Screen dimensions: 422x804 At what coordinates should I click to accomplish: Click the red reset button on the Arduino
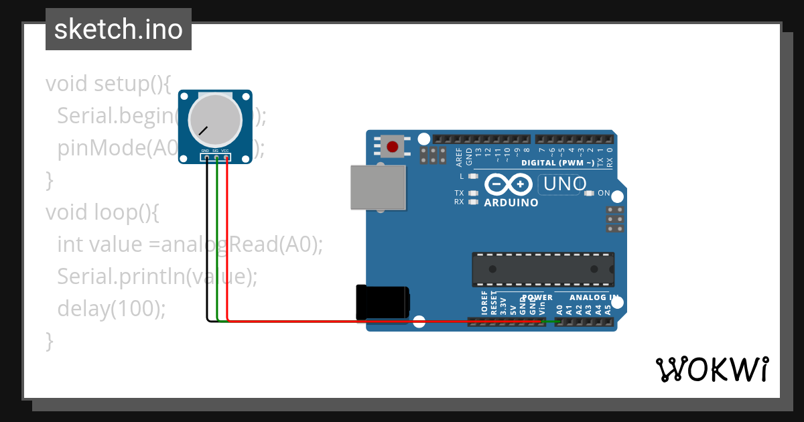[x=392, y=146]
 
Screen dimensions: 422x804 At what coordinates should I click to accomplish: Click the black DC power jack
[x=382, y=301]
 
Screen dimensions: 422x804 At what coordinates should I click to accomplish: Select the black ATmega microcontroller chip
[x=543, y=269]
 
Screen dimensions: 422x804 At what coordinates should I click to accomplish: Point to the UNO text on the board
[x=565, y=184]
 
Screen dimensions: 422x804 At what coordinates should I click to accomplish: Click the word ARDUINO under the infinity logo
[x=511, y=202]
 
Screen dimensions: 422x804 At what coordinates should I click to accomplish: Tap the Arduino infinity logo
[x=508, y=184]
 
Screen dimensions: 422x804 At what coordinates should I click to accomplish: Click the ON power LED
[x=590, y=194]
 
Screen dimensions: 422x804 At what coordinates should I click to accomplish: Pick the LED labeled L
[x=474, y=177]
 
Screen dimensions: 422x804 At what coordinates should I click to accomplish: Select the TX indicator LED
[x=474, y=193]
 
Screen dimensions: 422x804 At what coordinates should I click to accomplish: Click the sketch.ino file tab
[x=119, y=29]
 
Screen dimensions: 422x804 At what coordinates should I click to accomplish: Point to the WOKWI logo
[x=712, y=369]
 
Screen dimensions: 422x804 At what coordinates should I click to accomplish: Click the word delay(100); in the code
[x=111, y=308]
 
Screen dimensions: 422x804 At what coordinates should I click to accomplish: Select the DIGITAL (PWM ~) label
[x=557, y=163]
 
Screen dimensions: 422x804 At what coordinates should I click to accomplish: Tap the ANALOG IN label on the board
[x=594, y=297]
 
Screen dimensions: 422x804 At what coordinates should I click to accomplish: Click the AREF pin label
[x=459, y=157]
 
